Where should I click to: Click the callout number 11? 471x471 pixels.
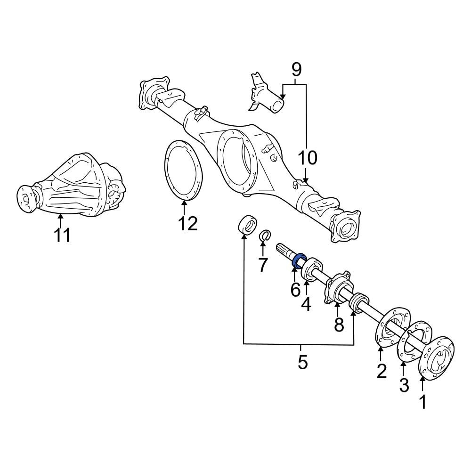click(62, 235)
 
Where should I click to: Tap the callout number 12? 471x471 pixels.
click(188, 223)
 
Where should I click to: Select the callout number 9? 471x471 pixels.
click(296, 70)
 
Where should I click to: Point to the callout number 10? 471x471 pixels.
click(308, 158)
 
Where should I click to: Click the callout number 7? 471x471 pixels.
click(263, 265)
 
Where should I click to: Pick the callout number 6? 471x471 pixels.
click(295, 290)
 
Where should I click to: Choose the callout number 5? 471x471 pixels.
click(302, 361)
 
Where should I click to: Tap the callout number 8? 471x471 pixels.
click(339, 325)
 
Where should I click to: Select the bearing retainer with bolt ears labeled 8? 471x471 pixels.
click(337, 287)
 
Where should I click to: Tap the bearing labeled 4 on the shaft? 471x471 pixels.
click(312, 268)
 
